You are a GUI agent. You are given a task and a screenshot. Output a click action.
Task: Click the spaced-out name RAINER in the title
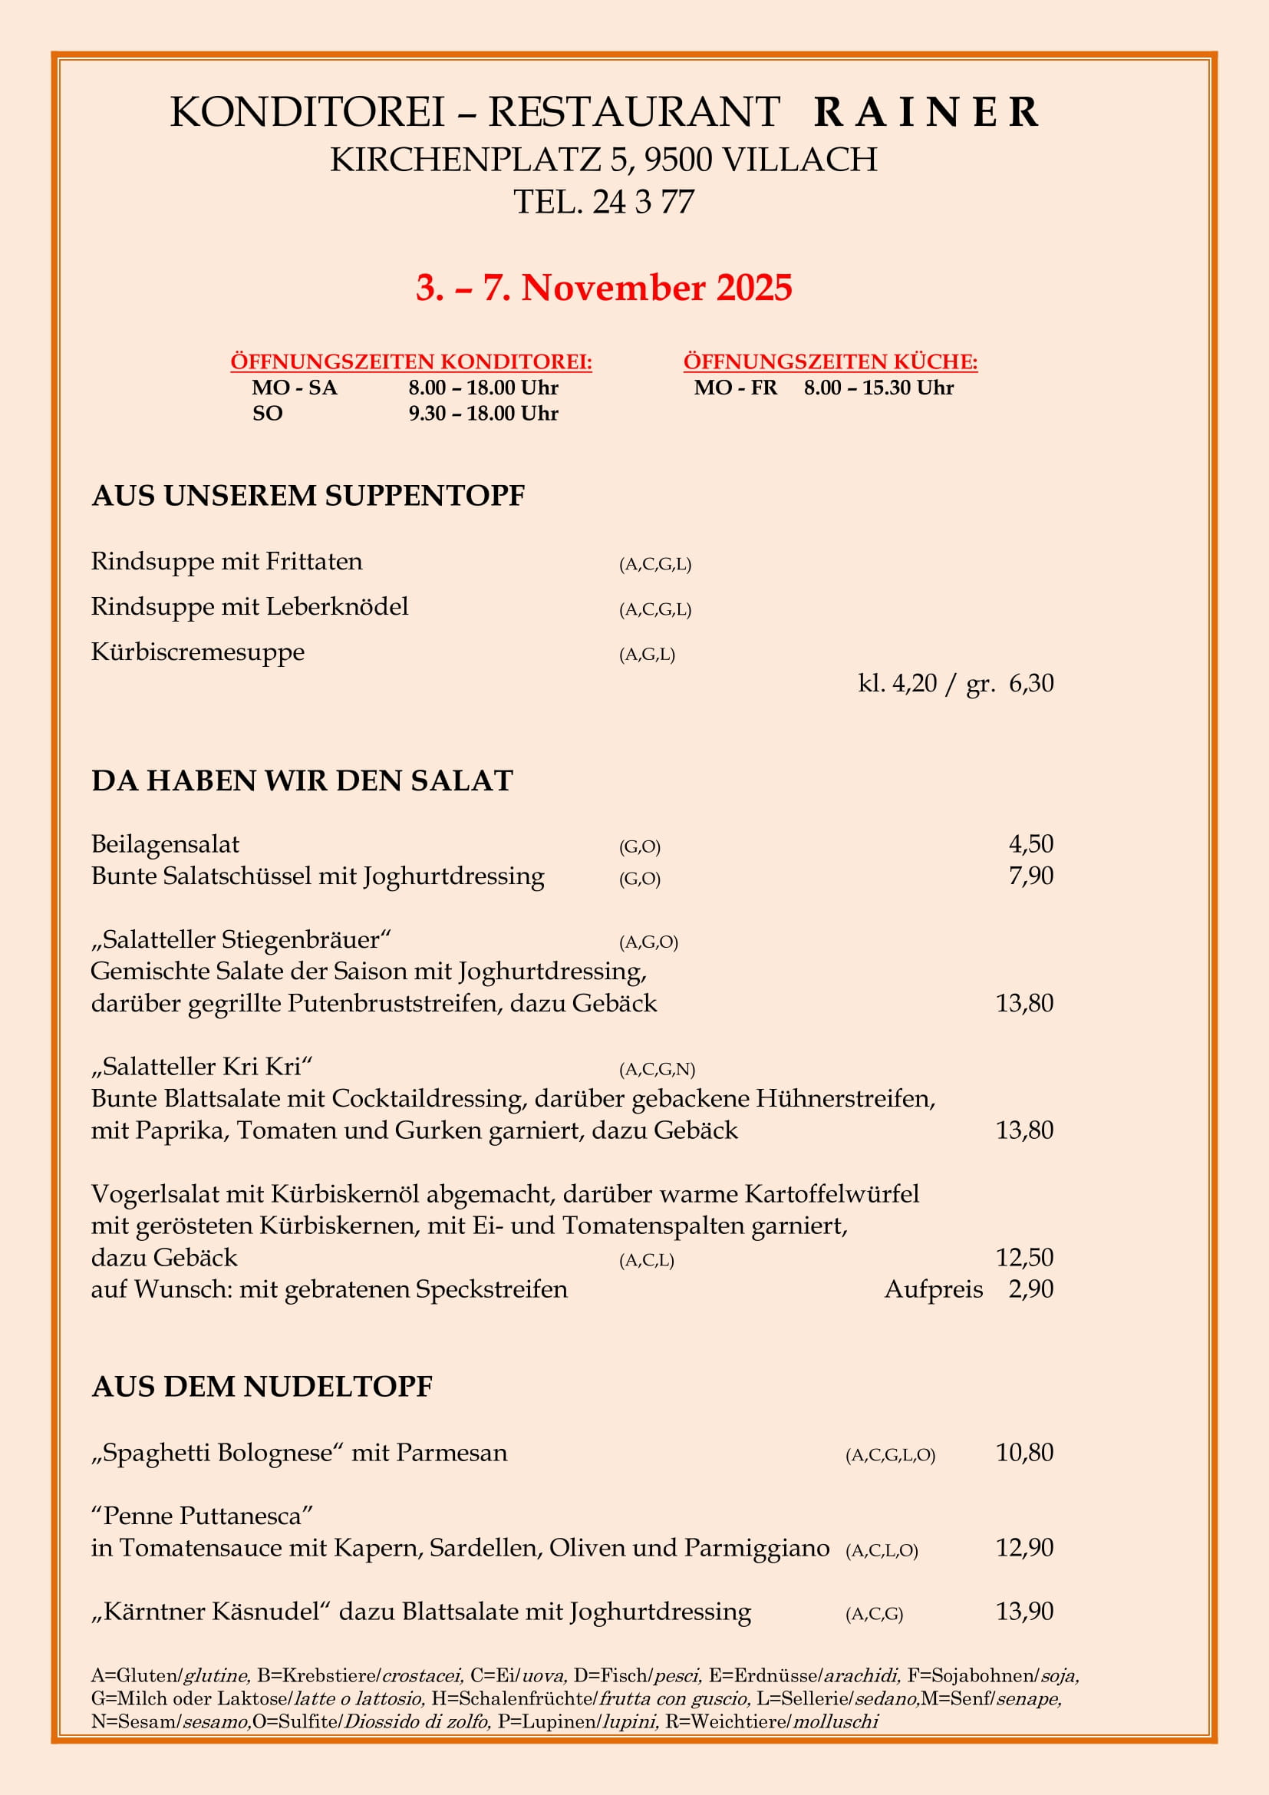click(926, 112)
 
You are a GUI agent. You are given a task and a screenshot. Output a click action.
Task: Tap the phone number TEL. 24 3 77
click(603, 203)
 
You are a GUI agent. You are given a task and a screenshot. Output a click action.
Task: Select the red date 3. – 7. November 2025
click(603, 288)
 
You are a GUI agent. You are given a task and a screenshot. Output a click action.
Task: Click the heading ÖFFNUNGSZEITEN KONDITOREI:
click(411, 362)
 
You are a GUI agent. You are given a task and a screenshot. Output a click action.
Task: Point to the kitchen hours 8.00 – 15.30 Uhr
click(878, 388)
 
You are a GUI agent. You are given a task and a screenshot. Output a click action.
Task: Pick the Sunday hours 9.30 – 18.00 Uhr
click(483, 414)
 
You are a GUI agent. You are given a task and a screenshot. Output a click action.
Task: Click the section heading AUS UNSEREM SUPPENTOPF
click(308, 496)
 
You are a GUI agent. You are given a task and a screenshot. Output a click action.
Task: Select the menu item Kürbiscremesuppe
click(198, 652)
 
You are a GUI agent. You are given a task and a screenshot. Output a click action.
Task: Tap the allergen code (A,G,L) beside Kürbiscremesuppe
click(646, 655)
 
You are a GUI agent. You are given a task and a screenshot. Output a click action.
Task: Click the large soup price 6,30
click(1030, 683)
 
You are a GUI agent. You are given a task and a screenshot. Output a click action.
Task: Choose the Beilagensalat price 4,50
click(1030, 844)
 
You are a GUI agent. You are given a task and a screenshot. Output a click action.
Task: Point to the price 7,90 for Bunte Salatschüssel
click(1030, 876)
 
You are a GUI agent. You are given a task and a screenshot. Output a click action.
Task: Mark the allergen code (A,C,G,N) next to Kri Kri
click(657, 1069)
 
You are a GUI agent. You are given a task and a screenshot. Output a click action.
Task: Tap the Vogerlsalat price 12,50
click(1023, 1257)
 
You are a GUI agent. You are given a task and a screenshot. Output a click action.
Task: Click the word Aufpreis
click(933, 1289)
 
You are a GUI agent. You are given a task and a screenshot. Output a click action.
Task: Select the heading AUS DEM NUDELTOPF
click(262, 1387)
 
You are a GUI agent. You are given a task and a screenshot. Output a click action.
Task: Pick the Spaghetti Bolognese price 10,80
click(1023, 1453)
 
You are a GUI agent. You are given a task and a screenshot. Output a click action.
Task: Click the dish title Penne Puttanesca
click(202, 1516)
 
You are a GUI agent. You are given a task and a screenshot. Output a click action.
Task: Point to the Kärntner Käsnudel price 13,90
click(1023, 1612)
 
